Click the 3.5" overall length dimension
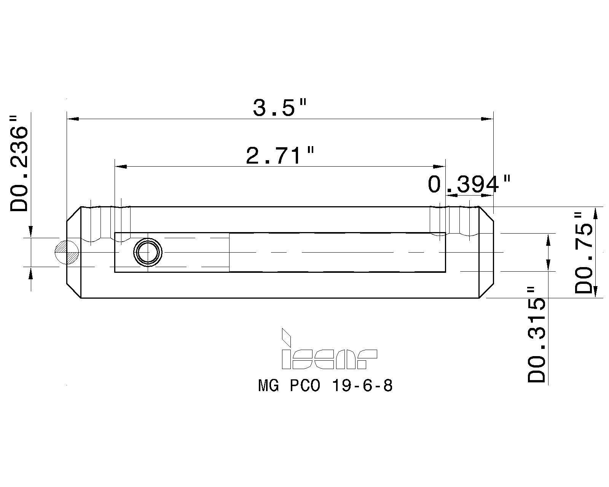pyautogui.click(x=279, y=108)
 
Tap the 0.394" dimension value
pyautogui.click(x=469, y=185)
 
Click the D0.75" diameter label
pyautogui.click(x=584, y=253)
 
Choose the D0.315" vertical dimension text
pyautogui.click(x=537, y=335)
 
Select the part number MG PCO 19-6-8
pyautogui.click(x=325, y=386)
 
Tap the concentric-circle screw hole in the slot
pyautogui.click(x=148, y=252)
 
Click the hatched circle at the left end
pyautogui.click(x=67, y=252)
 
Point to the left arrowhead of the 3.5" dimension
pyautogui.click(x=73, y=119)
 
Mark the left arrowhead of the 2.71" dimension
pyautogui.click(x=121, y=167)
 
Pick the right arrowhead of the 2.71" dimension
pyautogui.click(x=440, y=167)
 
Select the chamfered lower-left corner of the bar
pyautogui.click(x=74, y=291)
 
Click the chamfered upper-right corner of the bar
pyautogui.click(x=486, y=214)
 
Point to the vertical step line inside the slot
pyautogui.click(x=230, y=252)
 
